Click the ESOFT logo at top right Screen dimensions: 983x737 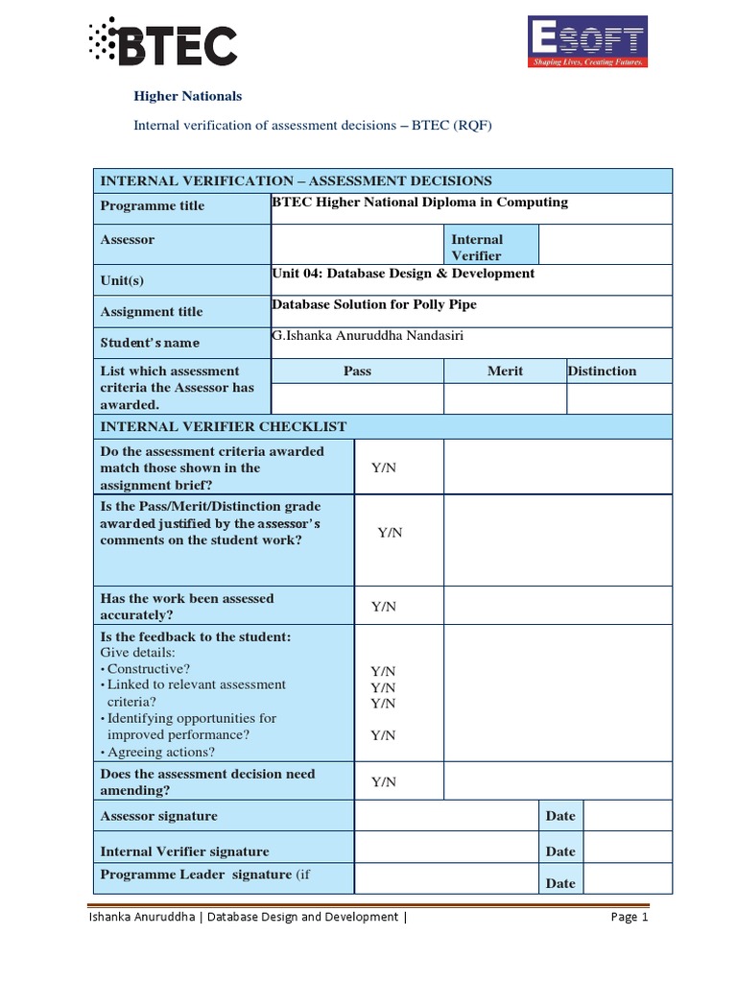click(x=588, y=42)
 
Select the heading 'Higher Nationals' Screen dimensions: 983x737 click(x=187, y=96)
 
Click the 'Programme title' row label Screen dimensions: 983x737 click(x=153, y=206)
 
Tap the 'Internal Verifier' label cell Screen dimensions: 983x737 click(x=477, y=247)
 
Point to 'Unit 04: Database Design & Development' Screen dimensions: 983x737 click(x=403, y=274)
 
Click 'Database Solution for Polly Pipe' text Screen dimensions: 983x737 click(x=374, y=304)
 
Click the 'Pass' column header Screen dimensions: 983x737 click(x=357, y=372)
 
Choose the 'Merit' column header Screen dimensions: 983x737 click(x=505, y=372)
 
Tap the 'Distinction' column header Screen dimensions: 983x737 click(x=602, y=372)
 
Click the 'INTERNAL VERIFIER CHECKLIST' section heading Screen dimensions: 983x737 click(x=224, y=426)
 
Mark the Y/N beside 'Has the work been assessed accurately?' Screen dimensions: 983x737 click(x=384, y=607)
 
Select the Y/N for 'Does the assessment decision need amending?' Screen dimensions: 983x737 click(x=384, y=782)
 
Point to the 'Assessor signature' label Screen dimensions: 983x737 click(x=159, y=816)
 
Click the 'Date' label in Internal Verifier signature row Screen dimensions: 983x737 click(x=560, y=851)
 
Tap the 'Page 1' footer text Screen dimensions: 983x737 click(x=630, y=918)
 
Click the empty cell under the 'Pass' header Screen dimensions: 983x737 click(x=357, y=398)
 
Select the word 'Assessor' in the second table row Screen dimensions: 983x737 click(x=128, y=240)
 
